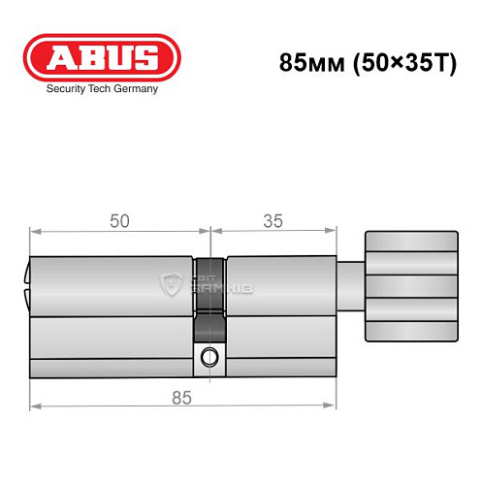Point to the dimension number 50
coord(119,221)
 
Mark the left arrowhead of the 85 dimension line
coord(34,404)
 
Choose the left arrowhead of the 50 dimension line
coord(34,232)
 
